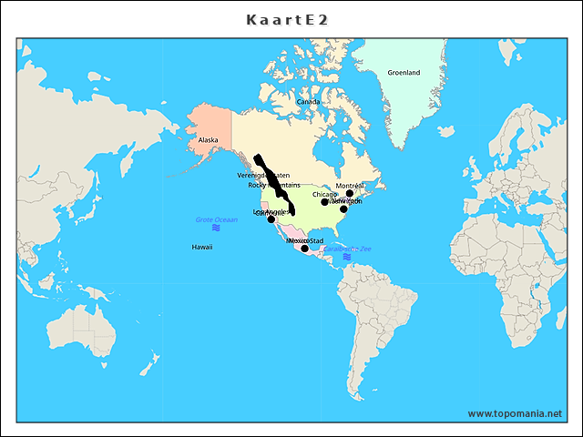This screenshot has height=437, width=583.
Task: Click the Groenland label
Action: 404,73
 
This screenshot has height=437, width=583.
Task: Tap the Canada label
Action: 309,102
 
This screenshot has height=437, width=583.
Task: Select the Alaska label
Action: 209,140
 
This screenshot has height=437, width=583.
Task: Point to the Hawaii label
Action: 202,247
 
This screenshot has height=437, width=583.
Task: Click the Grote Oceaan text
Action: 216,219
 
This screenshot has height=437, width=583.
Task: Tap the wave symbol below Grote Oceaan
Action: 216,228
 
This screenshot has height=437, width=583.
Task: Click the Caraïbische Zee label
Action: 347,249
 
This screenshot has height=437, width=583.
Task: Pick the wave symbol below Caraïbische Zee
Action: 347,258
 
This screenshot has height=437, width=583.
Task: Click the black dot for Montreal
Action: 350,193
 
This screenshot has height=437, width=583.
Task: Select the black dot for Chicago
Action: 324,202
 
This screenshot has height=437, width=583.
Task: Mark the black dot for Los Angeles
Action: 271,218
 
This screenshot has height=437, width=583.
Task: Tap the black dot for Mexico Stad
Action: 304,248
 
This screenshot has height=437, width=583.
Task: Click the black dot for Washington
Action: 343,209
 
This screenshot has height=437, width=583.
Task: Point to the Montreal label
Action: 350,185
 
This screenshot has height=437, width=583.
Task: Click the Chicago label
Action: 324,194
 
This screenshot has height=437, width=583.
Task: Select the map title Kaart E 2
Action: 291,19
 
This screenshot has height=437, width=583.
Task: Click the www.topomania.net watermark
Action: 515,413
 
